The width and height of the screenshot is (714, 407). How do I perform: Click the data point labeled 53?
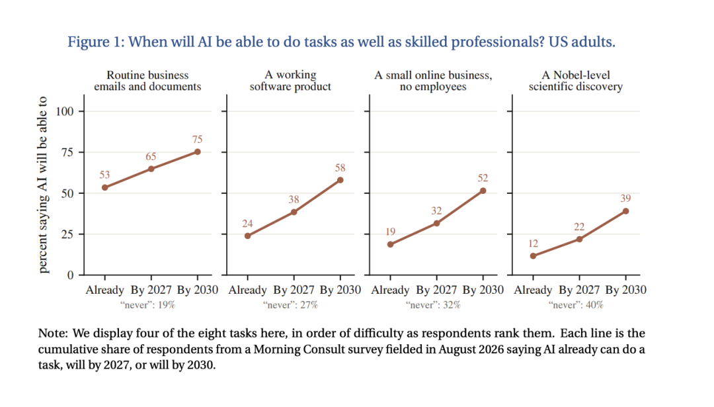tap(104, 187)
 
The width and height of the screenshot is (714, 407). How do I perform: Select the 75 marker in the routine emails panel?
tap(197, 152)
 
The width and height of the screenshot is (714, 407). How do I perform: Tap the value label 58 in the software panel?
tap(340, 167)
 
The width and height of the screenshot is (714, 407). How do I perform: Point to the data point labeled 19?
tap(390, 244)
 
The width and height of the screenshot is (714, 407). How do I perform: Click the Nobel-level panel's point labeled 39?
tap(625, 211)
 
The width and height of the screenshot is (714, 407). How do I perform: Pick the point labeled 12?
tap(534, 256)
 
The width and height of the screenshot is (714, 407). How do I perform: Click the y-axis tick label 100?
tap(65, 111)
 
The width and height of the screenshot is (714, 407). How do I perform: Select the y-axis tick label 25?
tap(67, 234)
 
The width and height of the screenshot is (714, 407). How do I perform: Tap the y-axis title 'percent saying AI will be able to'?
tap(42, 185)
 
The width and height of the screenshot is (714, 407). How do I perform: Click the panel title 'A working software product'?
tap(290, 81)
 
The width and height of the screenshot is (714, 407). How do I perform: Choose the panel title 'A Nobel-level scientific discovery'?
tap(576, 81)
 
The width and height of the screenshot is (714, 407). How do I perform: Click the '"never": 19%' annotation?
tap(147, 305)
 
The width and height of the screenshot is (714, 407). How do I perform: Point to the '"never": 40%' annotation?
tap(576, 305)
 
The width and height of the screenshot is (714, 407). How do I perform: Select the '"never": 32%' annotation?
tap(433, 305)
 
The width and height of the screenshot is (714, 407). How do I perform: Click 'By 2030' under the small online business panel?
tap(483, 290)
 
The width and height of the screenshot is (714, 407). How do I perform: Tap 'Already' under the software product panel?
tap(247, 291)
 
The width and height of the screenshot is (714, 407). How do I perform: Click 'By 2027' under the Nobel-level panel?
tap(579, 291)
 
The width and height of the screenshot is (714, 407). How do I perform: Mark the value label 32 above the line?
tap(436, 210)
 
